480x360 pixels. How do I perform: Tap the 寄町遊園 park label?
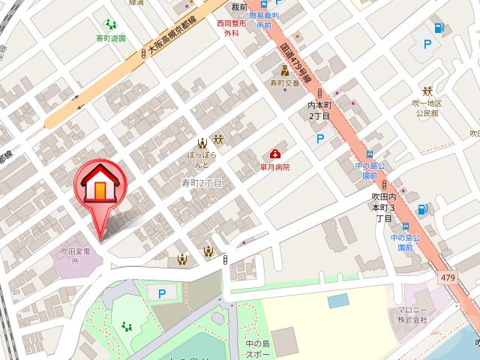point(111,37)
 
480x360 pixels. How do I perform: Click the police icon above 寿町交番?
point(284,71)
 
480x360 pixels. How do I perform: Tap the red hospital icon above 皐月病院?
point(275,154)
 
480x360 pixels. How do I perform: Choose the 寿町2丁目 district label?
point(202,183)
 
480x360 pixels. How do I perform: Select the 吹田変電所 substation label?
point(75,256)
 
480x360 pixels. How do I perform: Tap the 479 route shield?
point(447,278)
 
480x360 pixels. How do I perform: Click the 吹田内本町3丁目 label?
point(382,207)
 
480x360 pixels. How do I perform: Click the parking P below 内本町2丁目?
point(320,139)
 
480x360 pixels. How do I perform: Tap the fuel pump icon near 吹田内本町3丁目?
point(424,209)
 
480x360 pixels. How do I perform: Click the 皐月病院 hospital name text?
point(274,168)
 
